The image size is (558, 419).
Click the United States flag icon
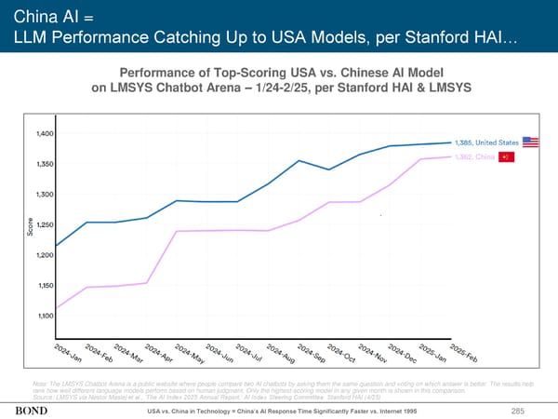532,142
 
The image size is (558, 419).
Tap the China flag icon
506,156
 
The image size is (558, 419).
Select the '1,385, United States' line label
487,142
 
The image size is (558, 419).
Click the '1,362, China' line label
475,156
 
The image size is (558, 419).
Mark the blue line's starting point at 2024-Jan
57,246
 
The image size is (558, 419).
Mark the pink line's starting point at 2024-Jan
57,307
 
